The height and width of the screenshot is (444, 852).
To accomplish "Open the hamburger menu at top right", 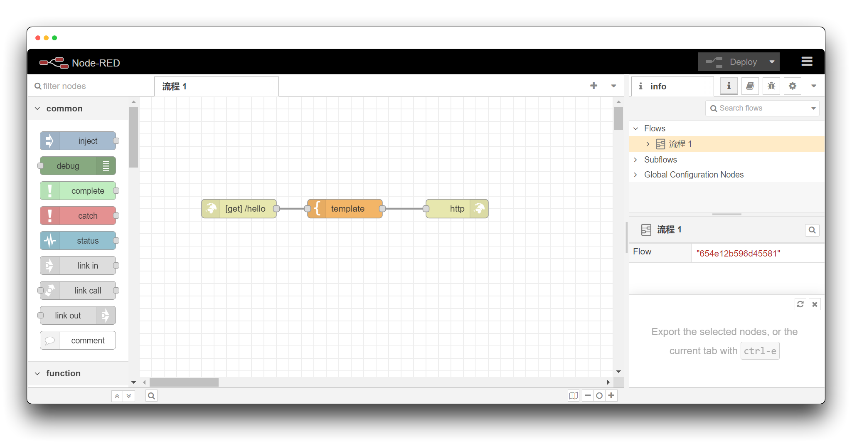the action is [807, 62].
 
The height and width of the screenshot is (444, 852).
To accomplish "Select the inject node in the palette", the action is [78, 141].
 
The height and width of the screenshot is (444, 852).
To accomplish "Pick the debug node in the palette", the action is [78, 166].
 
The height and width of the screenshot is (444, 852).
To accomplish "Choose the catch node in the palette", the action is [78, 216].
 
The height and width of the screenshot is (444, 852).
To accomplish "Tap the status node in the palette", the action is [78, 241].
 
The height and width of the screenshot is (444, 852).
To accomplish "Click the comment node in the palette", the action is [78, 340].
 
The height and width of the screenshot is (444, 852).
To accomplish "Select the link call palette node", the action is [78, 291].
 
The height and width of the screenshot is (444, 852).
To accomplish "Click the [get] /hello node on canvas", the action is [239, 209].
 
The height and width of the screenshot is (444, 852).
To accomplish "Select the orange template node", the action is [345, 209].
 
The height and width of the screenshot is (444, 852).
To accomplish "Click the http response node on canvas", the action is [457, 209].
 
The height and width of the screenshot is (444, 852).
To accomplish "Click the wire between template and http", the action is [404, 209].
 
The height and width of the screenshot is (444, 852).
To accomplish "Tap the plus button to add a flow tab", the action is [593, 86].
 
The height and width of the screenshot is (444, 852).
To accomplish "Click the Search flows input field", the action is [762, 108].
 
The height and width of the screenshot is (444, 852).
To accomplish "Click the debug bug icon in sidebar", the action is [771, 86].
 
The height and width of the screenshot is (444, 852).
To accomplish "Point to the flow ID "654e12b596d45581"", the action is [738, 254].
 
